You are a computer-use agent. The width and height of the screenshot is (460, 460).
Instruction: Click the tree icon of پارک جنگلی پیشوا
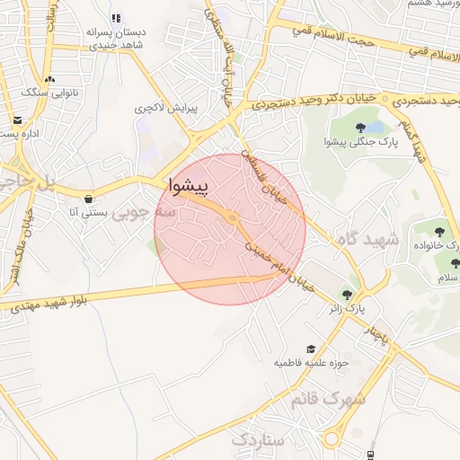(x=360, y=128)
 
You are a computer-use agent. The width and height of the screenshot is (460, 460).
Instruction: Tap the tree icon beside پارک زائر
(x=346, y=293)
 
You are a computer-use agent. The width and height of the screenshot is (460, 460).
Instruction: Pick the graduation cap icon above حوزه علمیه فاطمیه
(x=311, y=349)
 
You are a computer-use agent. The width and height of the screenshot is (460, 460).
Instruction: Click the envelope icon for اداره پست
(x=17, y=120)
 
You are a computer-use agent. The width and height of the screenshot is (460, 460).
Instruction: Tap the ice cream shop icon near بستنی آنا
(x=88, y=199)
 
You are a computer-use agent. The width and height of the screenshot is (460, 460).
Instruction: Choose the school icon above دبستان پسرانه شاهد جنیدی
(x=116, y=18)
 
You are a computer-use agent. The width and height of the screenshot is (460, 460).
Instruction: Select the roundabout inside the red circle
(x=233, y=218)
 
